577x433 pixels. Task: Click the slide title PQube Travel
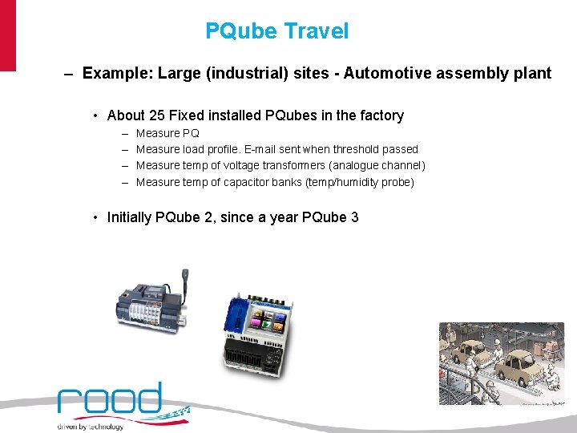tap(276, 31)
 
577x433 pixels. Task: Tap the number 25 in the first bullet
tap(157, 115)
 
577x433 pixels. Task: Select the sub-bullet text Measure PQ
tap(167, 133)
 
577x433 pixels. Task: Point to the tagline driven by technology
tap(90, 427)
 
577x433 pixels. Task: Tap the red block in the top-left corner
tap(7, 35)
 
